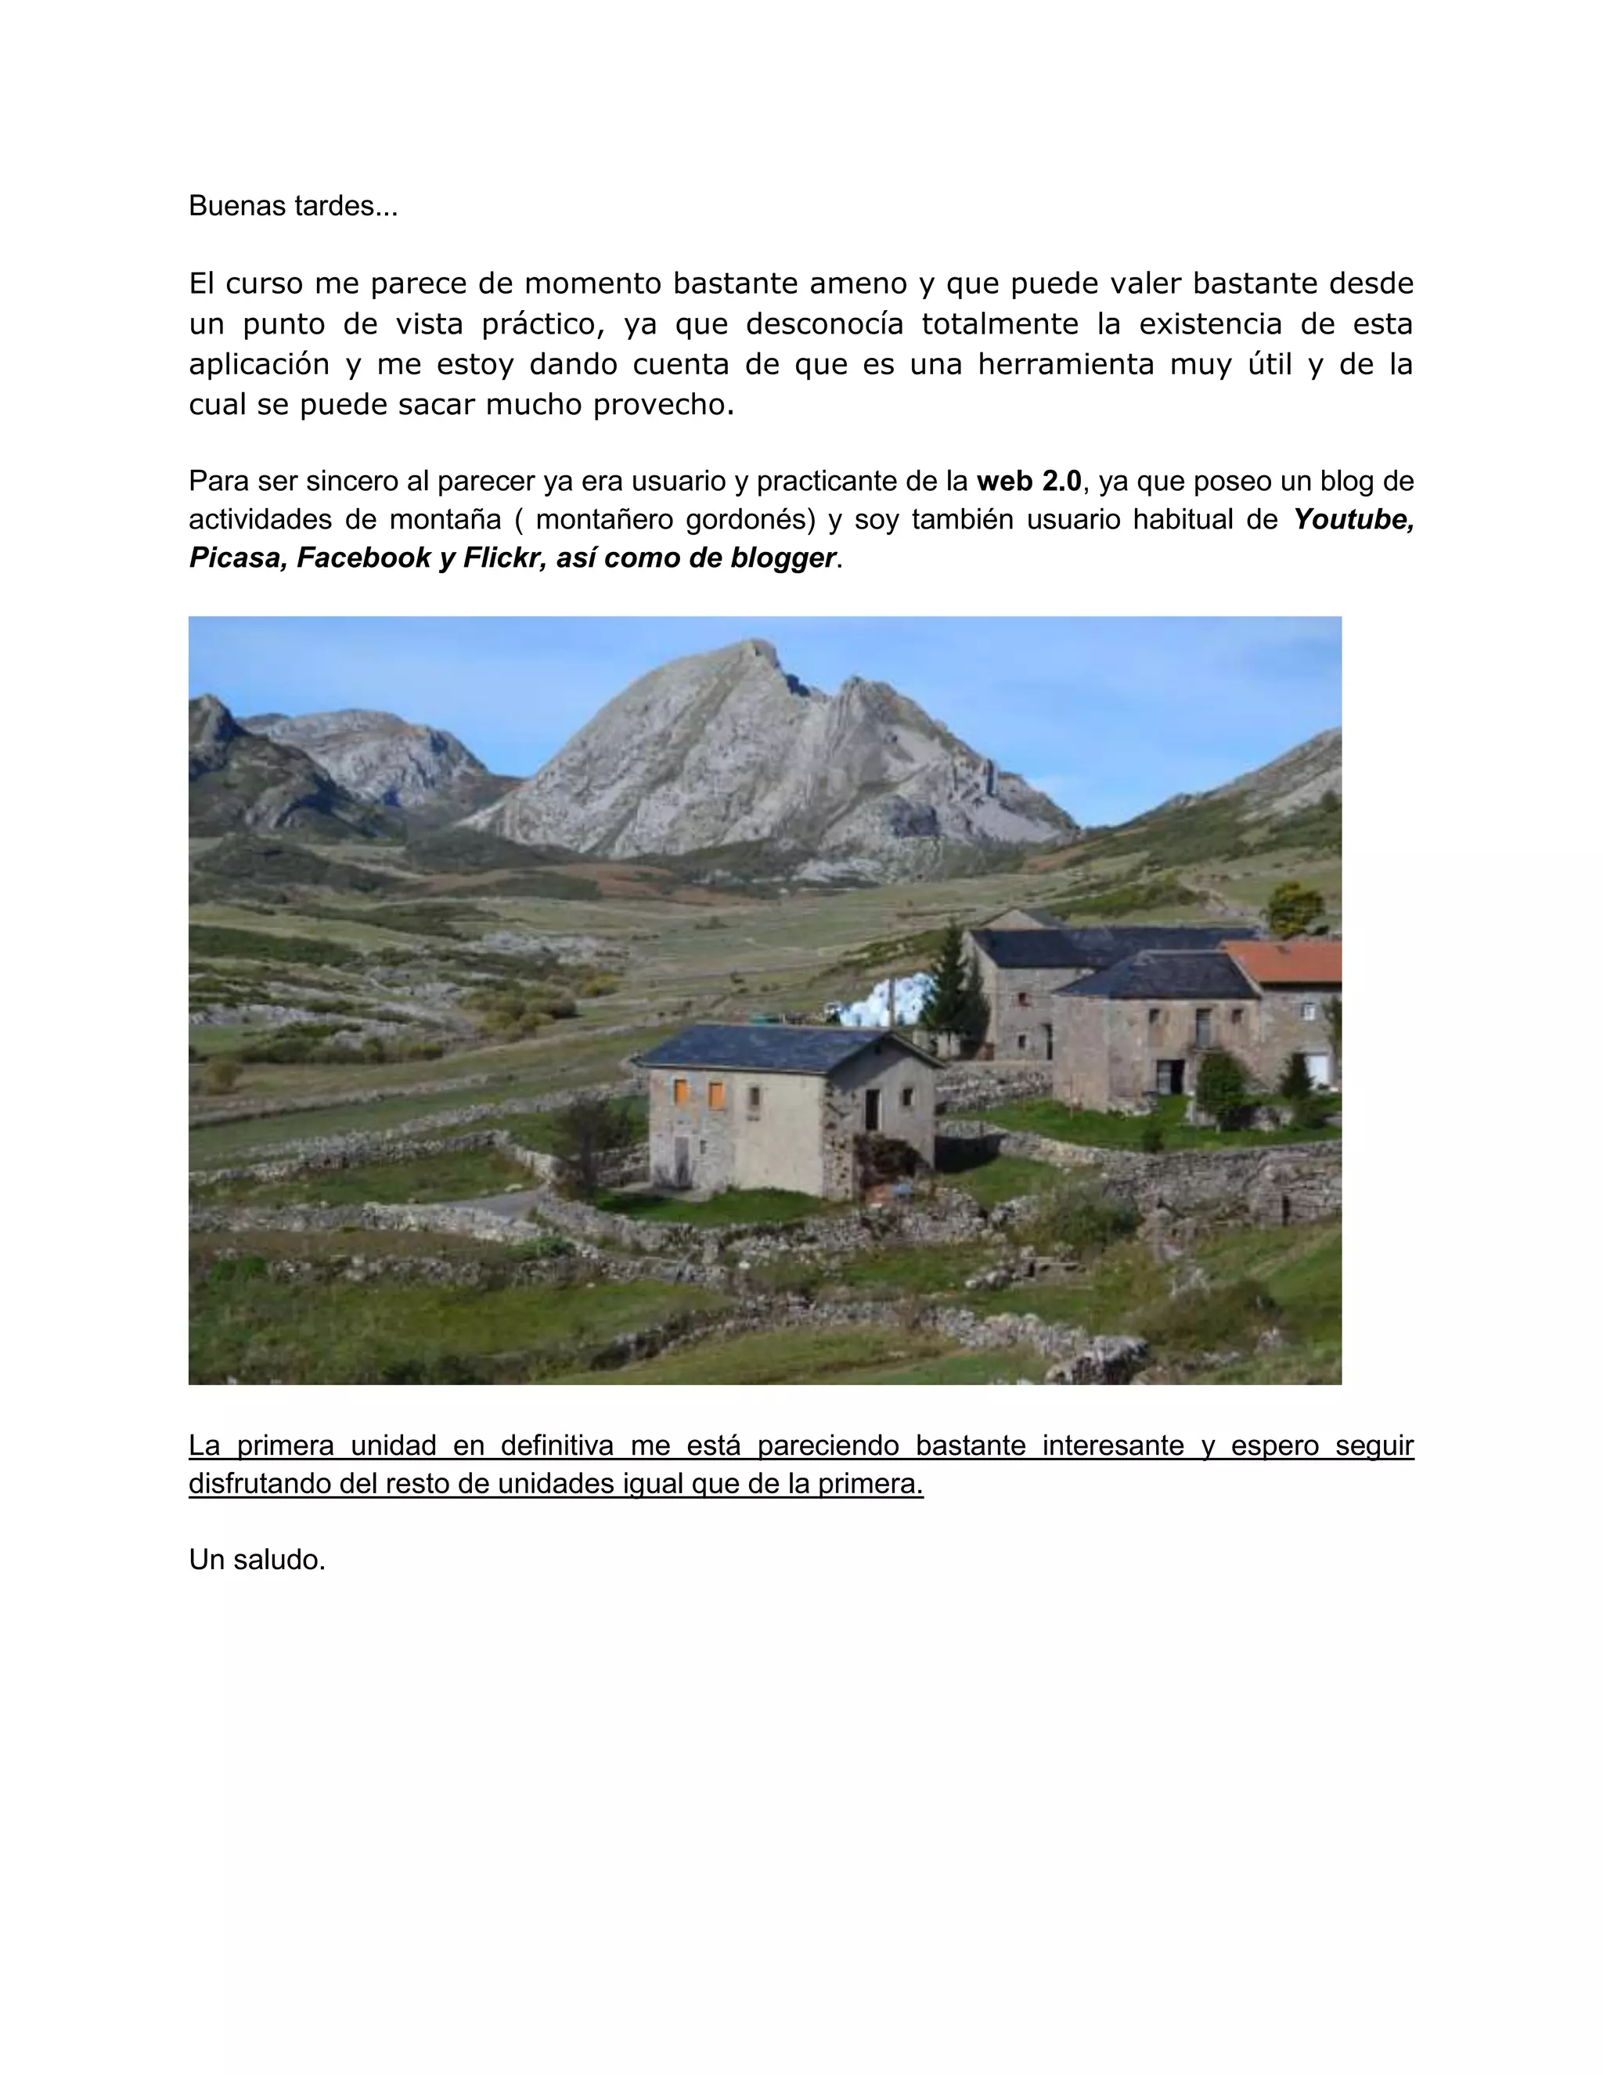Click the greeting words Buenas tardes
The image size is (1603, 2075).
pyautogui.click(x=293, y=206)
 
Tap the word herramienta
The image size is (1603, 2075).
pyautogui.click(x=1065, y=365)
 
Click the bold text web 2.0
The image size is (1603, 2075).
pyautogui.click(x=1028, y=482)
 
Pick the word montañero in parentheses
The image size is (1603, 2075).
pyautogui.click(x=602, y=520)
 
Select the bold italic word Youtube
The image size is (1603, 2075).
pyautogui.click(x=1353, y=520)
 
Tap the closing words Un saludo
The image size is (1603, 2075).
pyautogui.click(x=257, y=1559)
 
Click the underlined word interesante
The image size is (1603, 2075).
pyautogui.click(x=1112, y=1445)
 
